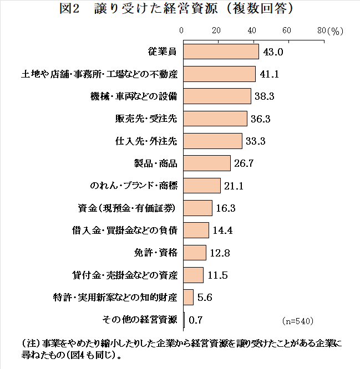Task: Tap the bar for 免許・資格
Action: click(194, 252)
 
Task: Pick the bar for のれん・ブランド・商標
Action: click(201, 185)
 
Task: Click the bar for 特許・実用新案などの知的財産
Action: click(188, 297)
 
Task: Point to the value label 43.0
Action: click(272, 52)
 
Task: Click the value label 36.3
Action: click(260, 119)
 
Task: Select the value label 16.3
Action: click(225, 208)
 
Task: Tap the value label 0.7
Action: click(195, 320)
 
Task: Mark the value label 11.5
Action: click(217, 275)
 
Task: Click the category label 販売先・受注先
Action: click(145, 119)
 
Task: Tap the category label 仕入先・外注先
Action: click(145, 141)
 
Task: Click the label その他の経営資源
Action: click(140, 319)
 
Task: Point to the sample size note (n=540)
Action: click(298, 321)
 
